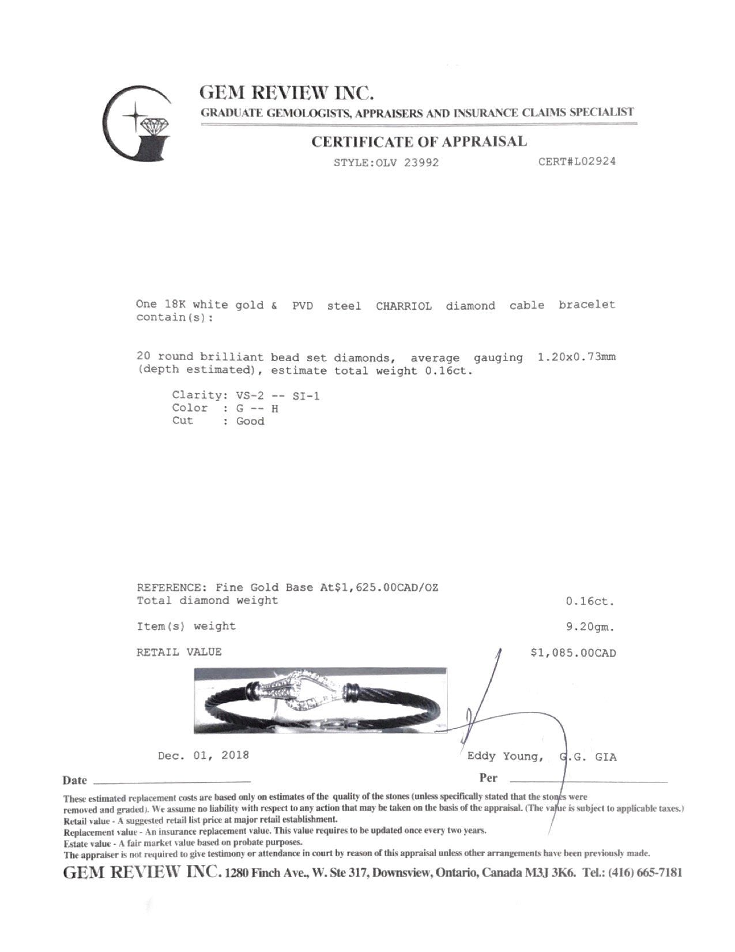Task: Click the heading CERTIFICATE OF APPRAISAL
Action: (x=419, y=142)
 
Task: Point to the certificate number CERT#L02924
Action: (x=576, y=162)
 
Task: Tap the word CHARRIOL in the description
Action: (x=404, y=306)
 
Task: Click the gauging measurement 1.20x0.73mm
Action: (x=576, y=357)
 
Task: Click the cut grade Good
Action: (x=250, y=421)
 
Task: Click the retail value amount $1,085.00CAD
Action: (x=573, y=653)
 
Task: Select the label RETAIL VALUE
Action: (x=179, y=653)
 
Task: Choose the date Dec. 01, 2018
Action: (x=203, y=755)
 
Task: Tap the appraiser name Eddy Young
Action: (x=504, y=756)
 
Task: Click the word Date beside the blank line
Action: (x=75, y=781)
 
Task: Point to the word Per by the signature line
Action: (x=488, y=778)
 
